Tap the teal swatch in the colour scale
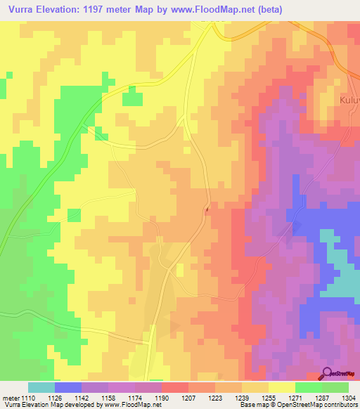[x=41, y=387]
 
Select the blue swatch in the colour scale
[x=68, y=387]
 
